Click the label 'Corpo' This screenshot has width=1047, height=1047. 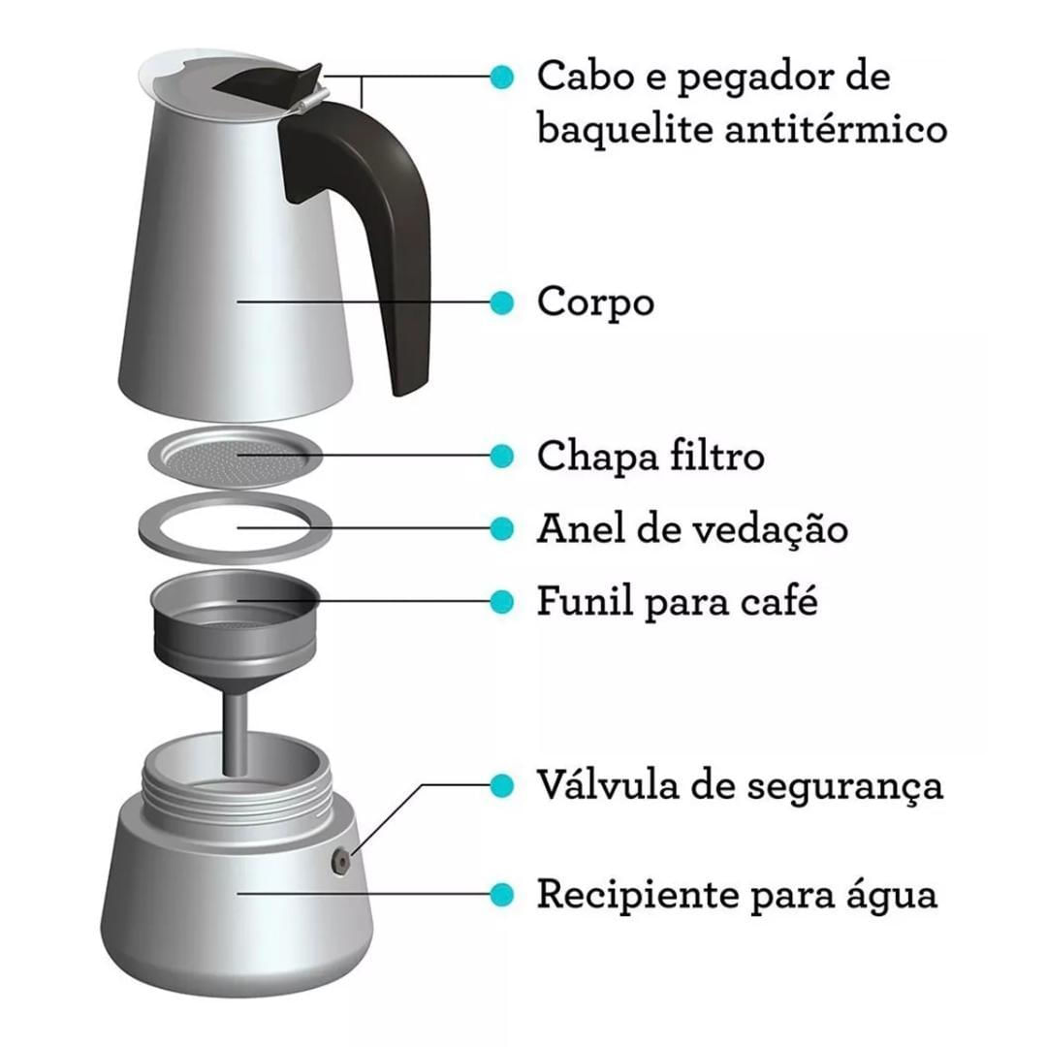point(595,303)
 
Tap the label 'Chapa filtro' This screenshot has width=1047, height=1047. point(651,456)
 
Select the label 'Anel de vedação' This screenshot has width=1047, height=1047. point(692,529)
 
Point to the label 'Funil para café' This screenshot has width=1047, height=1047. point(678,601)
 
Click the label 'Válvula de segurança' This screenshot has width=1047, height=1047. point(741,785)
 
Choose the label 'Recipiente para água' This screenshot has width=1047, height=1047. point(738,895)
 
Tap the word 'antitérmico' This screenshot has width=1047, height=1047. point(836,128)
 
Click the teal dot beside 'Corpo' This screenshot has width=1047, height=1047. point(501,302)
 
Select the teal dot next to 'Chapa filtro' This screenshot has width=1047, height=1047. point(501,456)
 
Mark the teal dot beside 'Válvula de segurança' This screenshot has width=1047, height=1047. point(501,785)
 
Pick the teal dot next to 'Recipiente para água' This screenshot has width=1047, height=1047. point(501,894)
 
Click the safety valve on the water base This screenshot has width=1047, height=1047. point(342,862)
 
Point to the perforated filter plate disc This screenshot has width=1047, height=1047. point(235,457)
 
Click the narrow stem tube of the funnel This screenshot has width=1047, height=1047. point(235,735)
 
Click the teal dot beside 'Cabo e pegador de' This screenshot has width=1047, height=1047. point(501,77)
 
